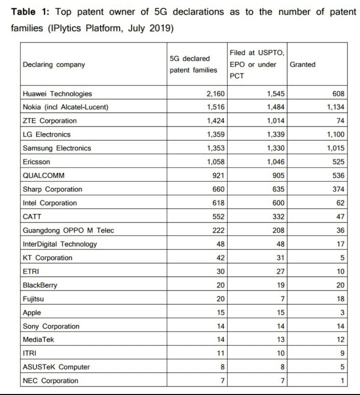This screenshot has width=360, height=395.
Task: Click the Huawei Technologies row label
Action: pos(57,93)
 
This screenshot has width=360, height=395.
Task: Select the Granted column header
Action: pos(302,64)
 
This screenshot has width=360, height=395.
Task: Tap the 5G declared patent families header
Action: pos(193,64)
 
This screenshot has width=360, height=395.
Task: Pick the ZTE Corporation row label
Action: pos(50,120)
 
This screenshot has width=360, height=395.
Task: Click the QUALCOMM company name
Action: pos(44,175)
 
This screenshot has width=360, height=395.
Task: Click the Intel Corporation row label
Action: pos(50,203)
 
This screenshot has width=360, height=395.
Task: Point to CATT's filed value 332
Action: pos(278,217)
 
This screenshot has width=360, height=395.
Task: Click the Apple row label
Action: pos(32,312)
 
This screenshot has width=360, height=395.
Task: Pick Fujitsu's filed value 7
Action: pos(282,299)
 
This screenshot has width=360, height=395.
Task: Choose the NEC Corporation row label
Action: pos(50,381)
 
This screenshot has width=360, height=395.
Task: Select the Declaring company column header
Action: pos(54,64)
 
